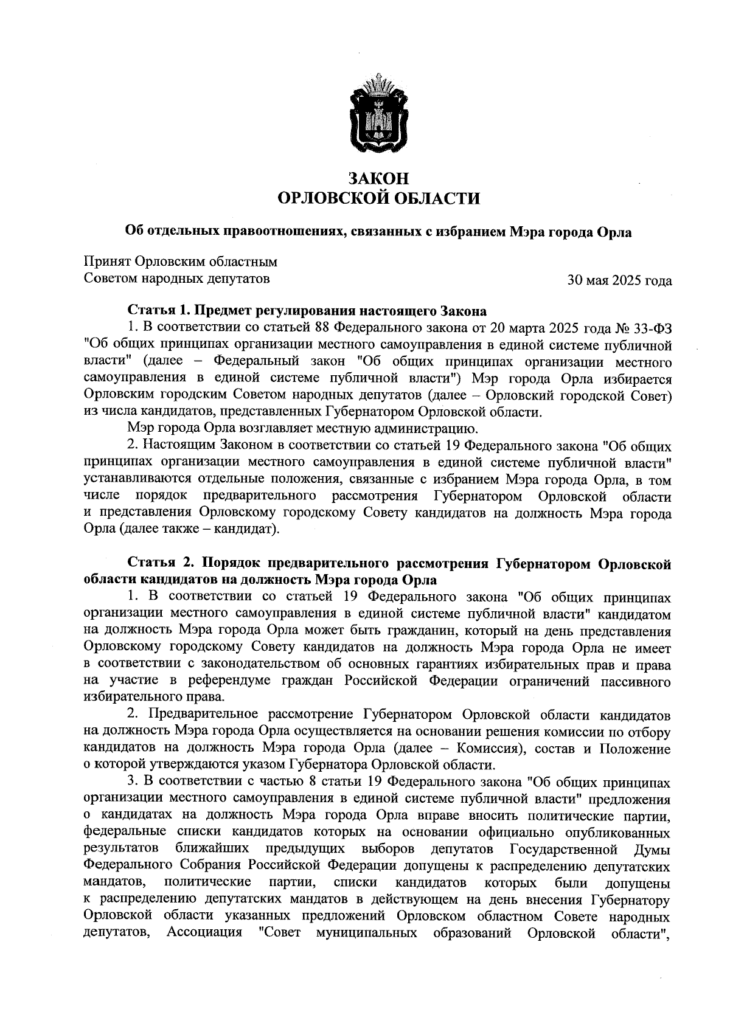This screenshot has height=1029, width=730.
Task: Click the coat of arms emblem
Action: pos(377,116)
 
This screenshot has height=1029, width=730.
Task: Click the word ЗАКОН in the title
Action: pos(377,178)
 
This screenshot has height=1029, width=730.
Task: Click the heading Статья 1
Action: pos(156,311)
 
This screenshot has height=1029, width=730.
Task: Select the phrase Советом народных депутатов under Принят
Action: pos(176,279)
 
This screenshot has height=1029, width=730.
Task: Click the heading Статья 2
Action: pos(156,564)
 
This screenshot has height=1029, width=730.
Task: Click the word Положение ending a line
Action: pos(635,749)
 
